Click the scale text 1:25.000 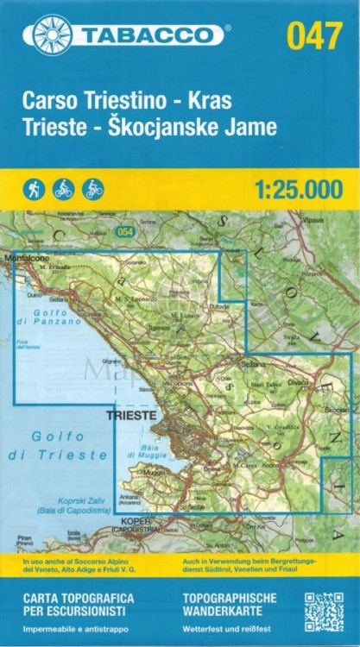click(x=299, y=190)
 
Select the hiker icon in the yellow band click(x=35, y=189)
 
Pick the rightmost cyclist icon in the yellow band click(x=92, y=189)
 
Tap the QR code click(x=323, y=612)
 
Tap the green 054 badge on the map click(x=127, y=230)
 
